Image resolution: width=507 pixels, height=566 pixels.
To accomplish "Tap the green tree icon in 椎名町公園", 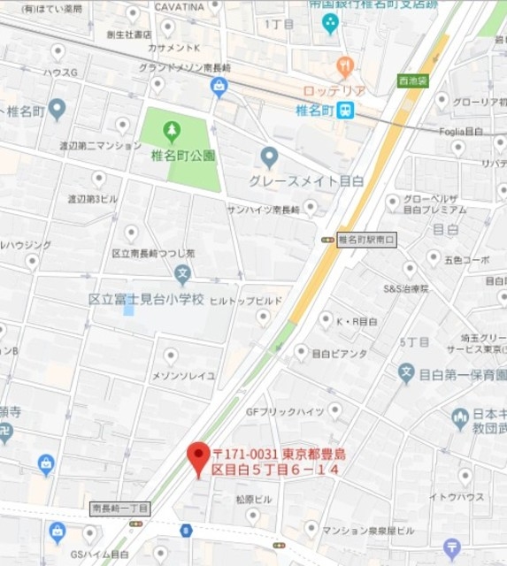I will point(172,132).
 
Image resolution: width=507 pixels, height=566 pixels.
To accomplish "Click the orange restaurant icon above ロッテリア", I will point(345,66).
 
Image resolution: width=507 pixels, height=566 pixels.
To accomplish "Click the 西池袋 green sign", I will point(412,80).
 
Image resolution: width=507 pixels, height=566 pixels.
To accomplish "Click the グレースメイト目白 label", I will point(306,180).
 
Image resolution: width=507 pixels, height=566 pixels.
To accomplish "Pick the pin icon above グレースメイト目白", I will point(270,157).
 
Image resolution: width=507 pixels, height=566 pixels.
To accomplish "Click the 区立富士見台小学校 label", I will point(147,299).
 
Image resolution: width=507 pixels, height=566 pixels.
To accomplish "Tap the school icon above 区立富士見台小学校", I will point(182,273).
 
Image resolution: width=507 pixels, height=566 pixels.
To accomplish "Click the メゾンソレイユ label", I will point(184,376).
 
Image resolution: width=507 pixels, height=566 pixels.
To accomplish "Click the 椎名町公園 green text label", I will point(183,156).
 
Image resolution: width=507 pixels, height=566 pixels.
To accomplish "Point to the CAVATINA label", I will point(179,7).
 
